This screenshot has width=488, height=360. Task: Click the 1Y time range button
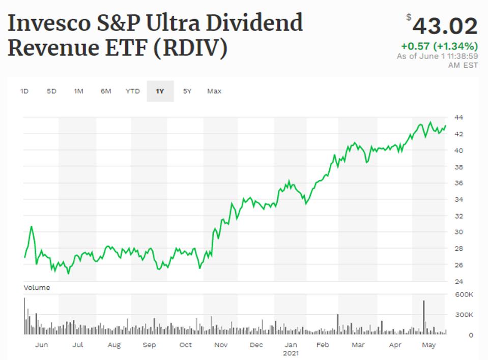tap(160, 92)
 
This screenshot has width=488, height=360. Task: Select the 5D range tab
tap(51, 92)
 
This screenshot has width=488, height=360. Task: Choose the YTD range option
tap(133, 92)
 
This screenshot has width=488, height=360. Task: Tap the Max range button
tap(214, 92)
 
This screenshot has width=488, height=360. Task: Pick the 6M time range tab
tap(105, 92)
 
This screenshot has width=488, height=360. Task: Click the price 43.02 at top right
tap(445, 26)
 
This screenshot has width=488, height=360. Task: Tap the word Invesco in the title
tap(47, 23)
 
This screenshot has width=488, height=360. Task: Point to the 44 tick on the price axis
tap(458, 118)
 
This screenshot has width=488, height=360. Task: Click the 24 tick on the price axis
tap(458, 281)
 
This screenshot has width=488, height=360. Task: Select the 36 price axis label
tap(458, 183)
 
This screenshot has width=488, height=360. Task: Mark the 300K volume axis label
tap(464, 315)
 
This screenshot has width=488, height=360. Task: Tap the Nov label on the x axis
tap(220, 345)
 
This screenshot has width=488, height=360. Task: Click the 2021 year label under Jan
tap(291, 353)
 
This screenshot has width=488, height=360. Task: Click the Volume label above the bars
tap(37, 288)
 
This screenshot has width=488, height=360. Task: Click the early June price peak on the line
tap(31, 227)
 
